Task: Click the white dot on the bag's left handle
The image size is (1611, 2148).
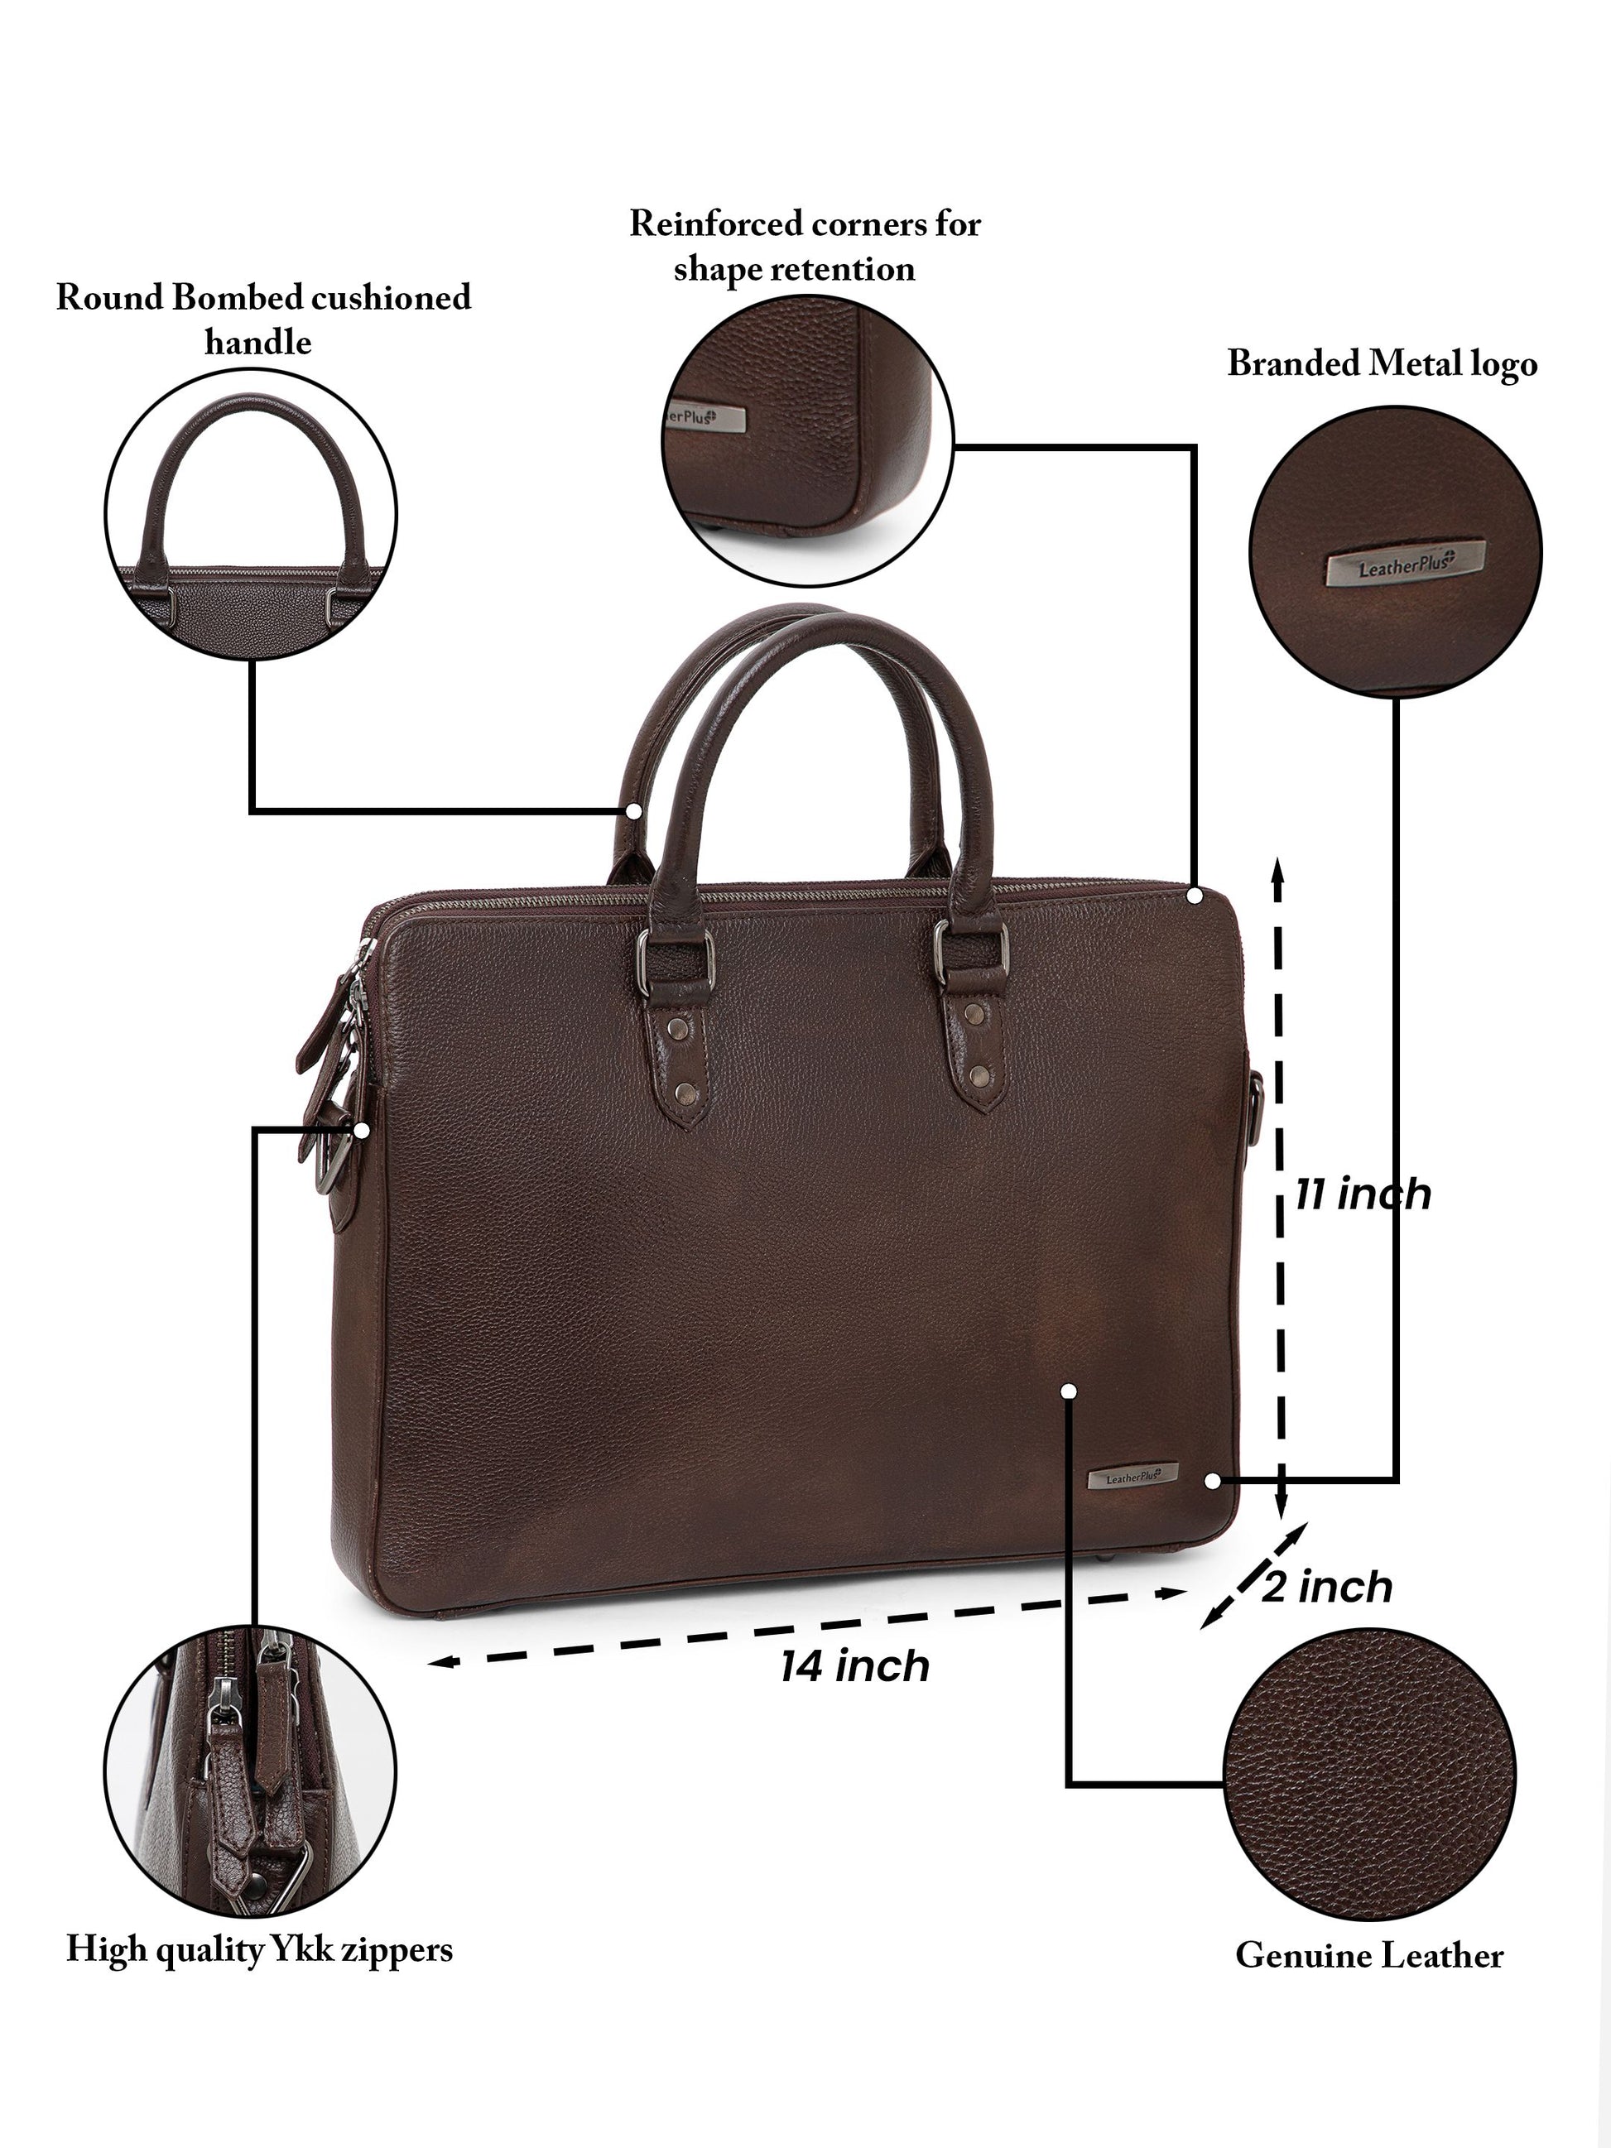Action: pos(634,810)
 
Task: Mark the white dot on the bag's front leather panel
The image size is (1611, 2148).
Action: pos(1069,1391)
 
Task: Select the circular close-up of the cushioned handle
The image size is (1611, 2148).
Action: pos(251,514)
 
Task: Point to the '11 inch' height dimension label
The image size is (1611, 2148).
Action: pos(1363,1194)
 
